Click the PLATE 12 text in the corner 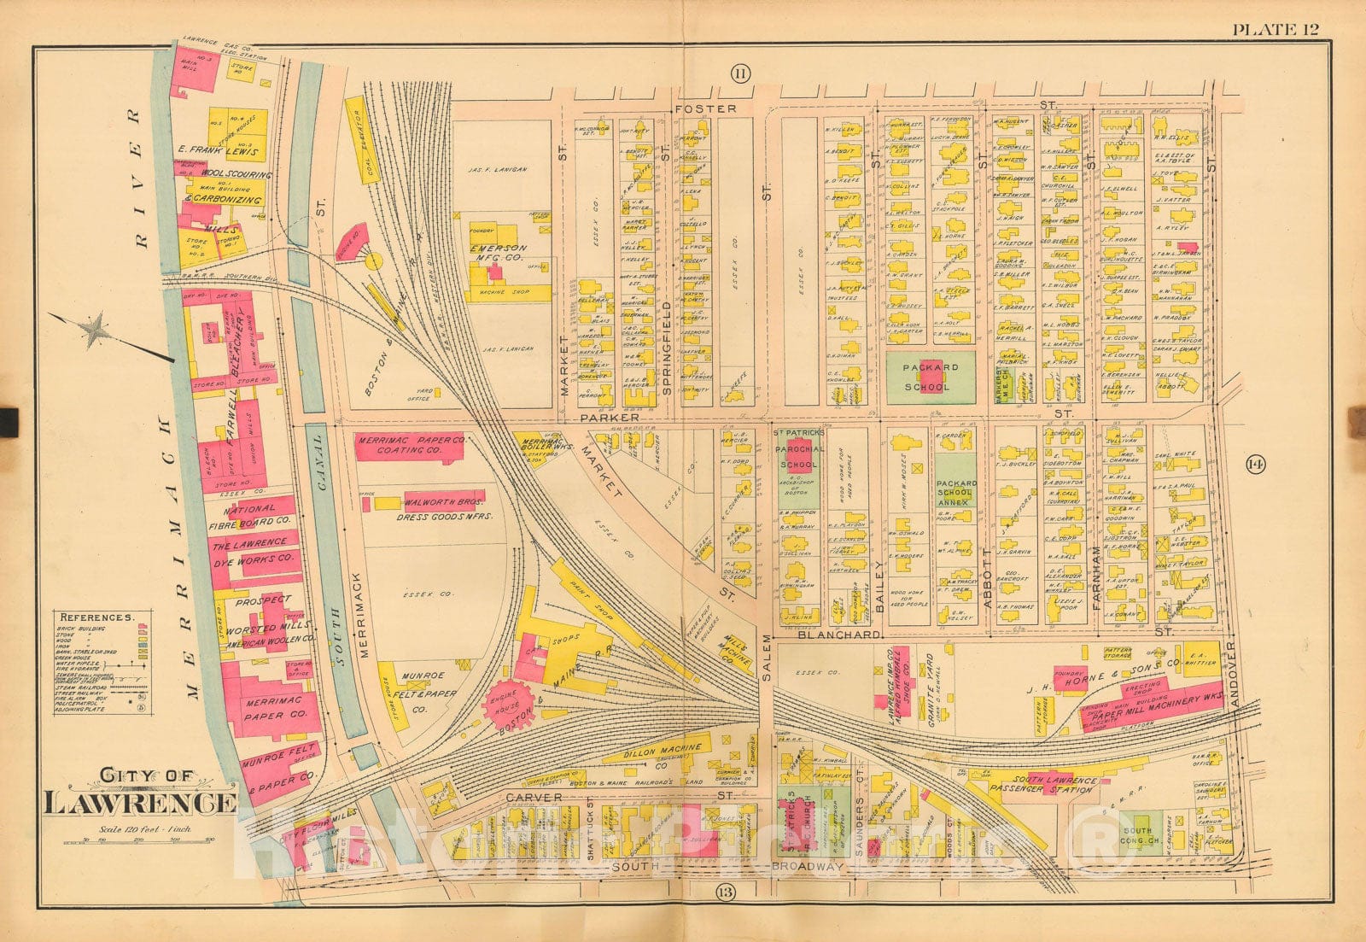(1275, 30)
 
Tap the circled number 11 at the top (739, 74)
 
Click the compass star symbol (95, 329)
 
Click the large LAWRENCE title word (140, 804)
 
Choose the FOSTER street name (704, 108)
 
